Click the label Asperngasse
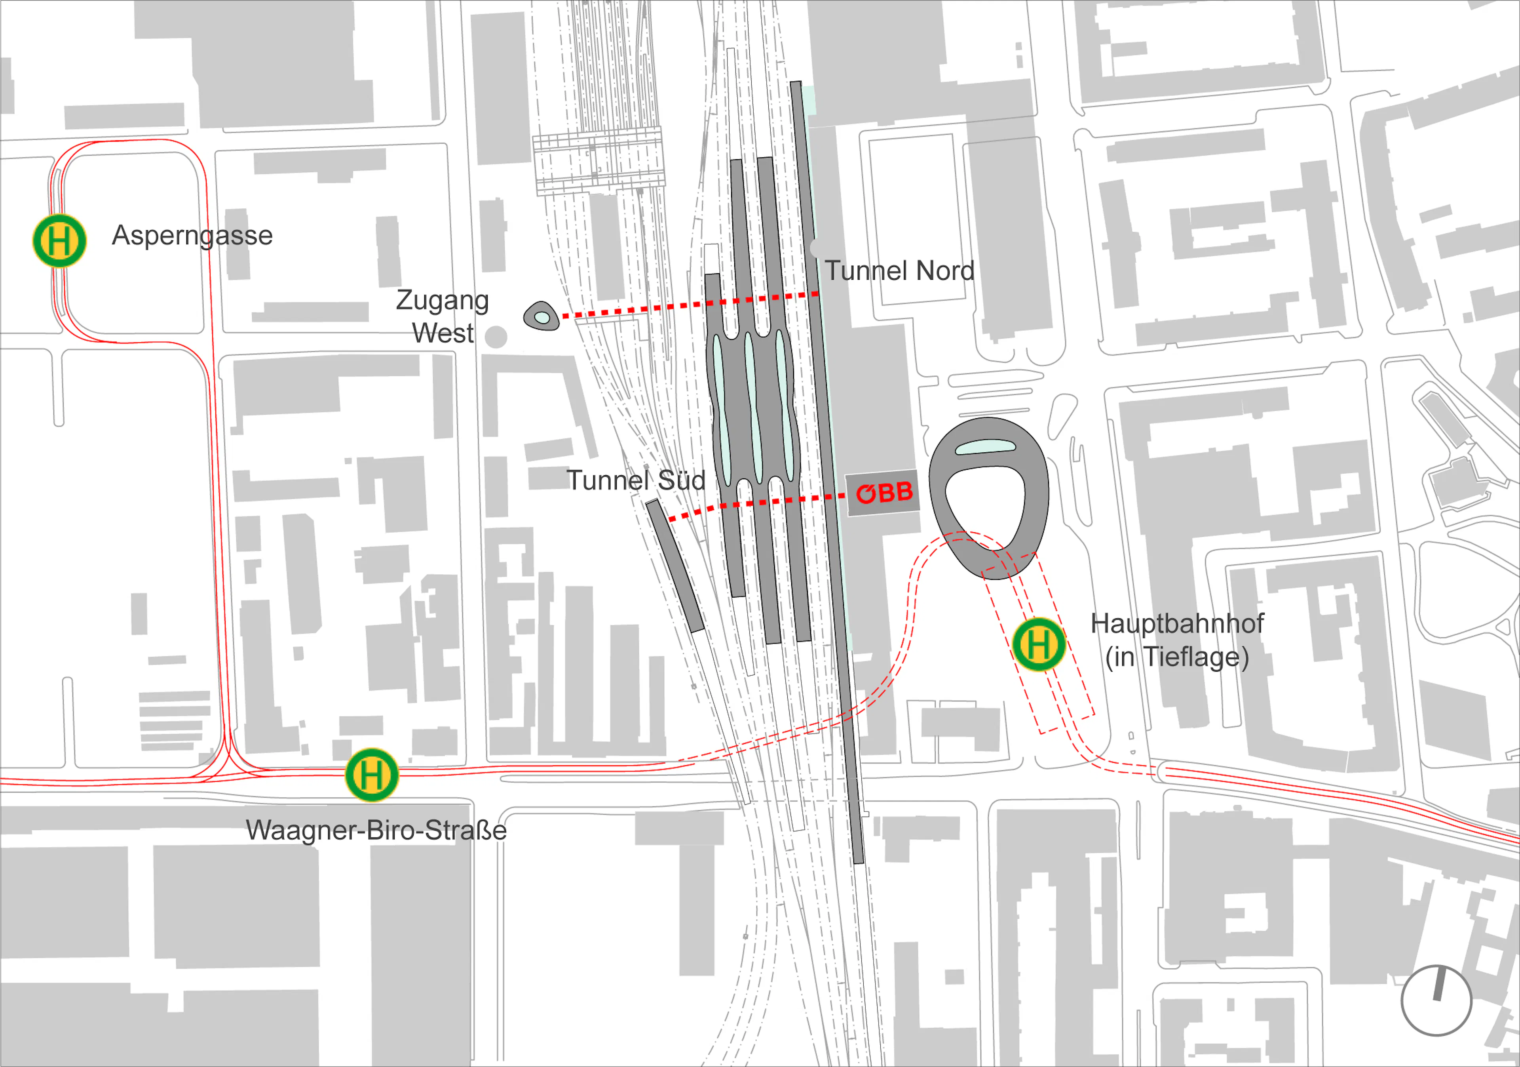[x=192, y=235]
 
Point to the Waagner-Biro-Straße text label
[x=376, y=830]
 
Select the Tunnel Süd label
[x=636, y=480]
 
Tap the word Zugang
[x=442, y=300]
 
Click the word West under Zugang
[x=442, y=332]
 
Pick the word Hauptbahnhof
[x=1177, y=623]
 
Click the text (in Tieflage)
[x=1177, y=657]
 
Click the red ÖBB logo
[x=884, y=493]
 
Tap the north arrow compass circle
[x=1436, y=1000]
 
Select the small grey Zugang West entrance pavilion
[x=541, y=316]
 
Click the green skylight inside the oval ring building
[x=985, y=447]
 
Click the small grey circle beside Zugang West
[x=496, y=337]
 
